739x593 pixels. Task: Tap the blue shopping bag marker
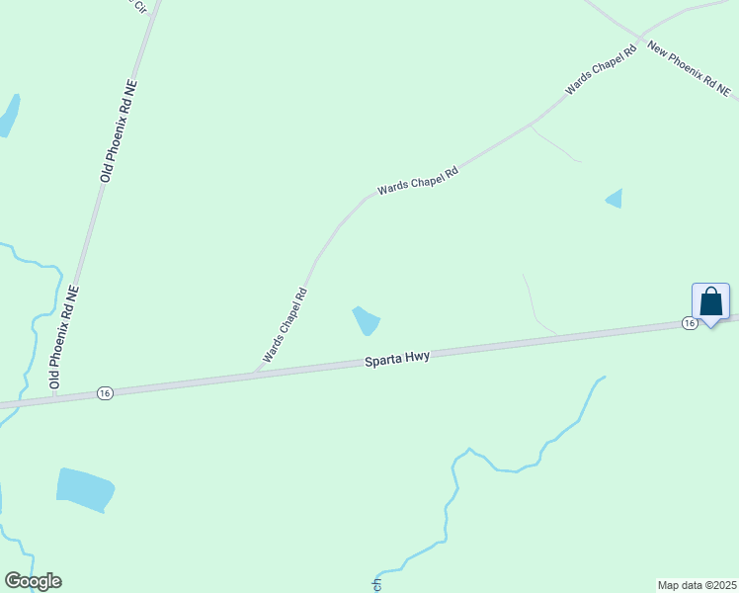(710, 302)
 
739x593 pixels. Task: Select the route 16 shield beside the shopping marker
(689, 323)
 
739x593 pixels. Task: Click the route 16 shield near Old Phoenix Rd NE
(104, 393)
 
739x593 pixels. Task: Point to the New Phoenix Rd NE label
(688, 69)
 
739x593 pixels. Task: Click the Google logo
(33, 581)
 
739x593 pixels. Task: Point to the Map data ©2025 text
(698, 584)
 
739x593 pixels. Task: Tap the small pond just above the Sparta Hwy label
(367, 320)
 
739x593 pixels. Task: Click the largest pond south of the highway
(85, 489)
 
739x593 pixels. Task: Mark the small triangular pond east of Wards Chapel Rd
(615, 199)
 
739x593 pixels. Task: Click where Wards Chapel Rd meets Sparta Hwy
(255, 375)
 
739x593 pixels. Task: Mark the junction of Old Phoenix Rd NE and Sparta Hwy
(55, 397)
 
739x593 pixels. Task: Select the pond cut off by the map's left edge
(8, 115)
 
